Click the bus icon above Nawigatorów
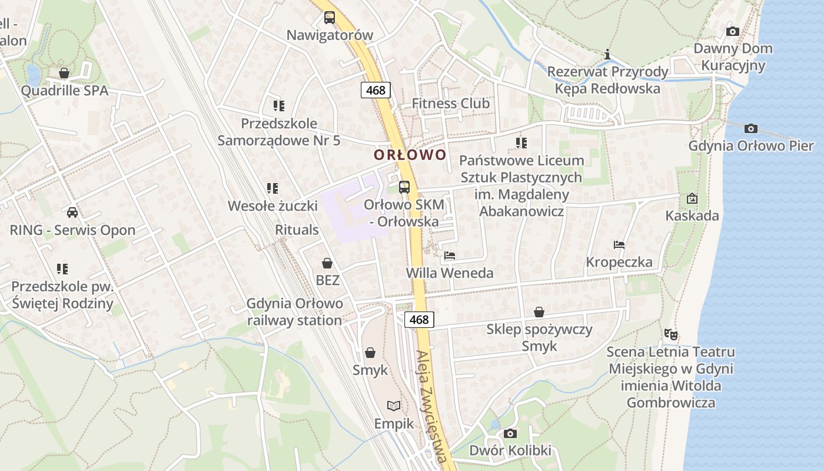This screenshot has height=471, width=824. click(x=330, y=18)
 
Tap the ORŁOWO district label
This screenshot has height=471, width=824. click(x=410, y=155)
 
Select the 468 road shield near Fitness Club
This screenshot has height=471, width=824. click(x=376, y=90)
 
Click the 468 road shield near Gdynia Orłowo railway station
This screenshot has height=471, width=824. click(x=419, y=320)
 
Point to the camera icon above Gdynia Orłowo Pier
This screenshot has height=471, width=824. click(x=751, y=128)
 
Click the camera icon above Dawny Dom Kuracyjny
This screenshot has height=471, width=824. click(x=733, y=31)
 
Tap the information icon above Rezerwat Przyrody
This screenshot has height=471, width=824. click(x=607, y=55)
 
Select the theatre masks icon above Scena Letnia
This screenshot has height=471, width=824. click(x=670, y=334)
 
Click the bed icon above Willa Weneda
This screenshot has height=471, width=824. click(x=450, y=256)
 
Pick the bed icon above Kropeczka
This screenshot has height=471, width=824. click(x=619, y=245)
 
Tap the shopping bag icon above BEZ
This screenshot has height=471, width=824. click(x=327, y=263)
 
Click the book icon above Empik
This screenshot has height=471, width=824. click(x=394, y=406)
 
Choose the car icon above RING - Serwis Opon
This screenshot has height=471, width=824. click(x=72, y=213)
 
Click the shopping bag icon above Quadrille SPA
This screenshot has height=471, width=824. click(x=64, y=73)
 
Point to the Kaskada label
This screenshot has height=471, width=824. click(x=692, y=215)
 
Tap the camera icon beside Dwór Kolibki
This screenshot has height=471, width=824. click(x=510, y=434)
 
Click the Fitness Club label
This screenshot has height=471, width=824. click(x=450, y=104)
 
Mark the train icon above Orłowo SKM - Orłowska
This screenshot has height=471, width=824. click(x=404, y=187)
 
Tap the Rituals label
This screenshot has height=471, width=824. click(x=297, y=230)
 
